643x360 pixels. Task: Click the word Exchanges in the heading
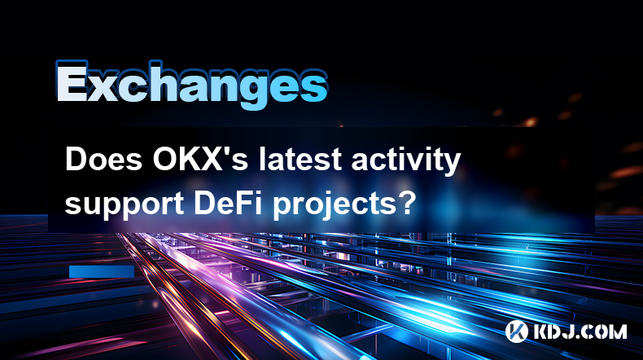191,85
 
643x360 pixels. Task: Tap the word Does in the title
103,160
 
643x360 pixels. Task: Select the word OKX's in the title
200,160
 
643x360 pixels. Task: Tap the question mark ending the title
407,202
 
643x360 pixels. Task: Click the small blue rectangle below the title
102,271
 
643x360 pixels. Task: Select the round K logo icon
517,331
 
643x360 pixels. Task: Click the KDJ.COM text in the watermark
580,331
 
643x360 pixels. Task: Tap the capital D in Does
76,160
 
